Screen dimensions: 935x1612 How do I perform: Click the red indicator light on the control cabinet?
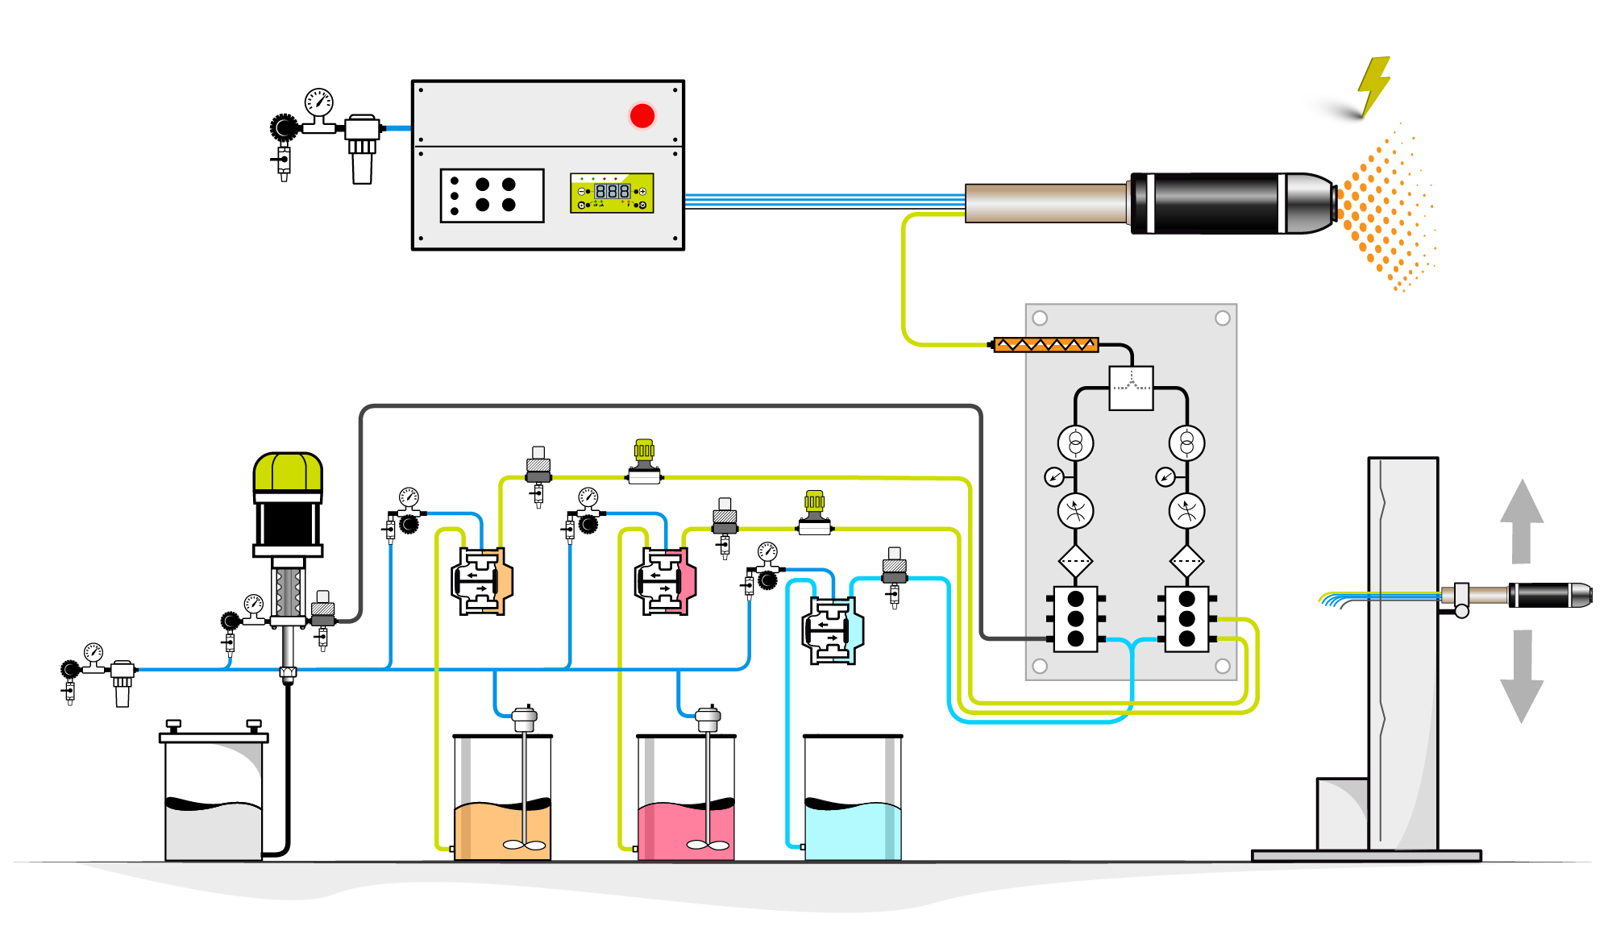point(642,116)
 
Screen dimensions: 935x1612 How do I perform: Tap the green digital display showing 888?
point(612,192)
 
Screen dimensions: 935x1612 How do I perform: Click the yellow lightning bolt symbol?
point(1373,85)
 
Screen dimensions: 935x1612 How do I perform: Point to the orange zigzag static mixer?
point(1045,345)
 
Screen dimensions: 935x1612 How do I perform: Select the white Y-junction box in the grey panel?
point(1131,389)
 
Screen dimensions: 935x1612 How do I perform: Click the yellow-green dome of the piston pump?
point(288,472)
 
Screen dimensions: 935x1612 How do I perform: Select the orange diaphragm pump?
point(482,581)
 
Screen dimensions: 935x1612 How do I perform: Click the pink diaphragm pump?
point(666,581)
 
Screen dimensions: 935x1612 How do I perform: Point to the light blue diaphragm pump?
point(833,630)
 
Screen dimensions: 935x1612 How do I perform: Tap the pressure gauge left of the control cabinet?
point(318,102)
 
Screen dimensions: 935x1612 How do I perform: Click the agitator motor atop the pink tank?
point(708,717)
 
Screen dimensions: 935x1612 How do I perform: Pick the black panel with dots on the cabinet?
point(492,195)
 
